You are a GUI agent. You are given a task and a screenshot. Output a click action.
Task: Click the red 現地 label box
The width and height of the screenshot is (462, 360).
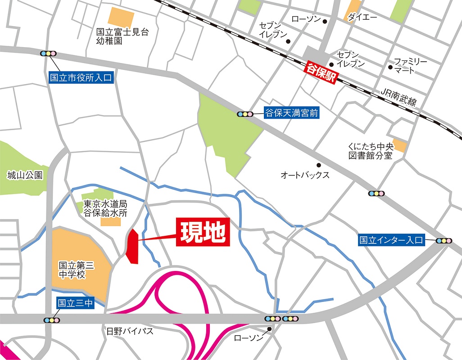coord(203,232)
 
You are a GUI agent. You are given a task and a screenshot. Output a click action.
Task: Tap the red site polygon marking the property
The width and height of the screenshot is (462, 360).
coord(132,246)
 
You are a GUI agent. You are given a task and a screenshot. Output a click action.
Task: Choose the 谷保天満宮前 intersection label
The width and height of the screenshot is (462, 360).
coord(291,113)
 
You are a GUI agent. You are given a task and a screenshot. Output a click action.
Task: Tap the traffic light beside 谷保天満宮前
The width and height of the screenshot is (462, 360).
coord(245,114)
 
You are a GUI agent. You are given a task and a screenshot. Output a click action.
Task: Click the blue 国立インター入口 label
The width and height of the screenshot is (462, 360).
coord(391,240)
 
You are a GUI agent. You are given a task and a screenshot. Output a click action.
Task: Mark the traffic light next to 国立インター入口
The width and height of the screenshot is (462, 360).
coord(444,241)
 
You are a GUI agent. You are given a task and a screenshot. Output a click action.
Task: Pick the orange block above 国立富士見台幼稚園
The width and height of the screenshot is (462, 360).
coord(121,17)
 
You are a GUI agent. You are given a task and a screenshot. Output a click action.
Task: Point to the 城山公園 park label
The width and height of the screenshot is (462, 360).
coord(25,175)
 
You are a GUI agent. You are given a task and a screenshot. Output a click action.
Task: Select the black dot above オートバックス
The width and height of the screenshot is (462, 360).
coord(318,165)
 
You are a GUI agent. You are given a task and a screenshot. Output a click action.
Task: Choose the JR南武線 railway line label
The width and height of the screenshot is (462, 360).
coord(399,97)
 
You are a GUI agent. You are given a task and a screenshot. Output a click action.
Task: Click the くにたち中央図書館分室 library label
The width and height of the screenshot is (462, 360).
coord(370,151)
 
